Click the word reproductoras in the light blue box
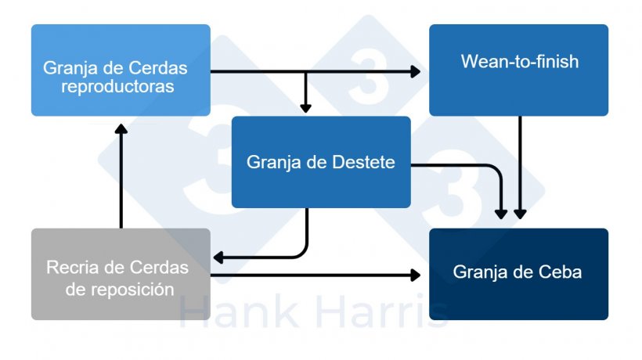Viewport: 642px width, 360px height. (x=117, y=87)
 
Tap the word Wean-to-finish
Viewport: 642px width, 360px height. (x=520, y=61)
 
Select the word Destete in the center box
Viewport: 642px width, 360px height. (x=363, y=162)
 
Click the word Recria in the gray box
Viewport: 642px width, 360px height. (x=73, y=268)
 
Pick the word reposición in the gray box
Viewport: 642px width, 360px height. (x=132, y=290)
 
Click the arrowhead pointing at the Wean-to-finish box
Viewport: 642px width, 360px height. (x=415, y=71)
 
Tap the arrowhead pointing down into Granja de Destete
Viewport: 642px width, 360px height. (x=305, y=108)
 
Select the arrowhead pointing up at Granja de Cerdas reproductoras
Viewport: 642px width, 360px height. (x=121, y=129)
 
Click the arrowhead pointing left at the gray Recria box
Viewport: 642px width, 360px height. (x=218, y=257)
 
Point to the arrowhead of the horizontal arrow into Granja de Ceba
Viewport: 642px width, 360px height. (x=415, y=275)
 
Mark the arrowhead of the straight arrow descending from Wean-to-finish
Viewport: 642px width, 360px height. (x=520, y=214)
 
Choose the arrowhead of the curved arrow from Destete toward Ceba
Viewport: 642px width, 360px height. (x=501, y=214)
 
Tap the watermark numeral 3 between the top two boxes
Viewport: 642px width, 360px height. (x=369, y=76)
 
